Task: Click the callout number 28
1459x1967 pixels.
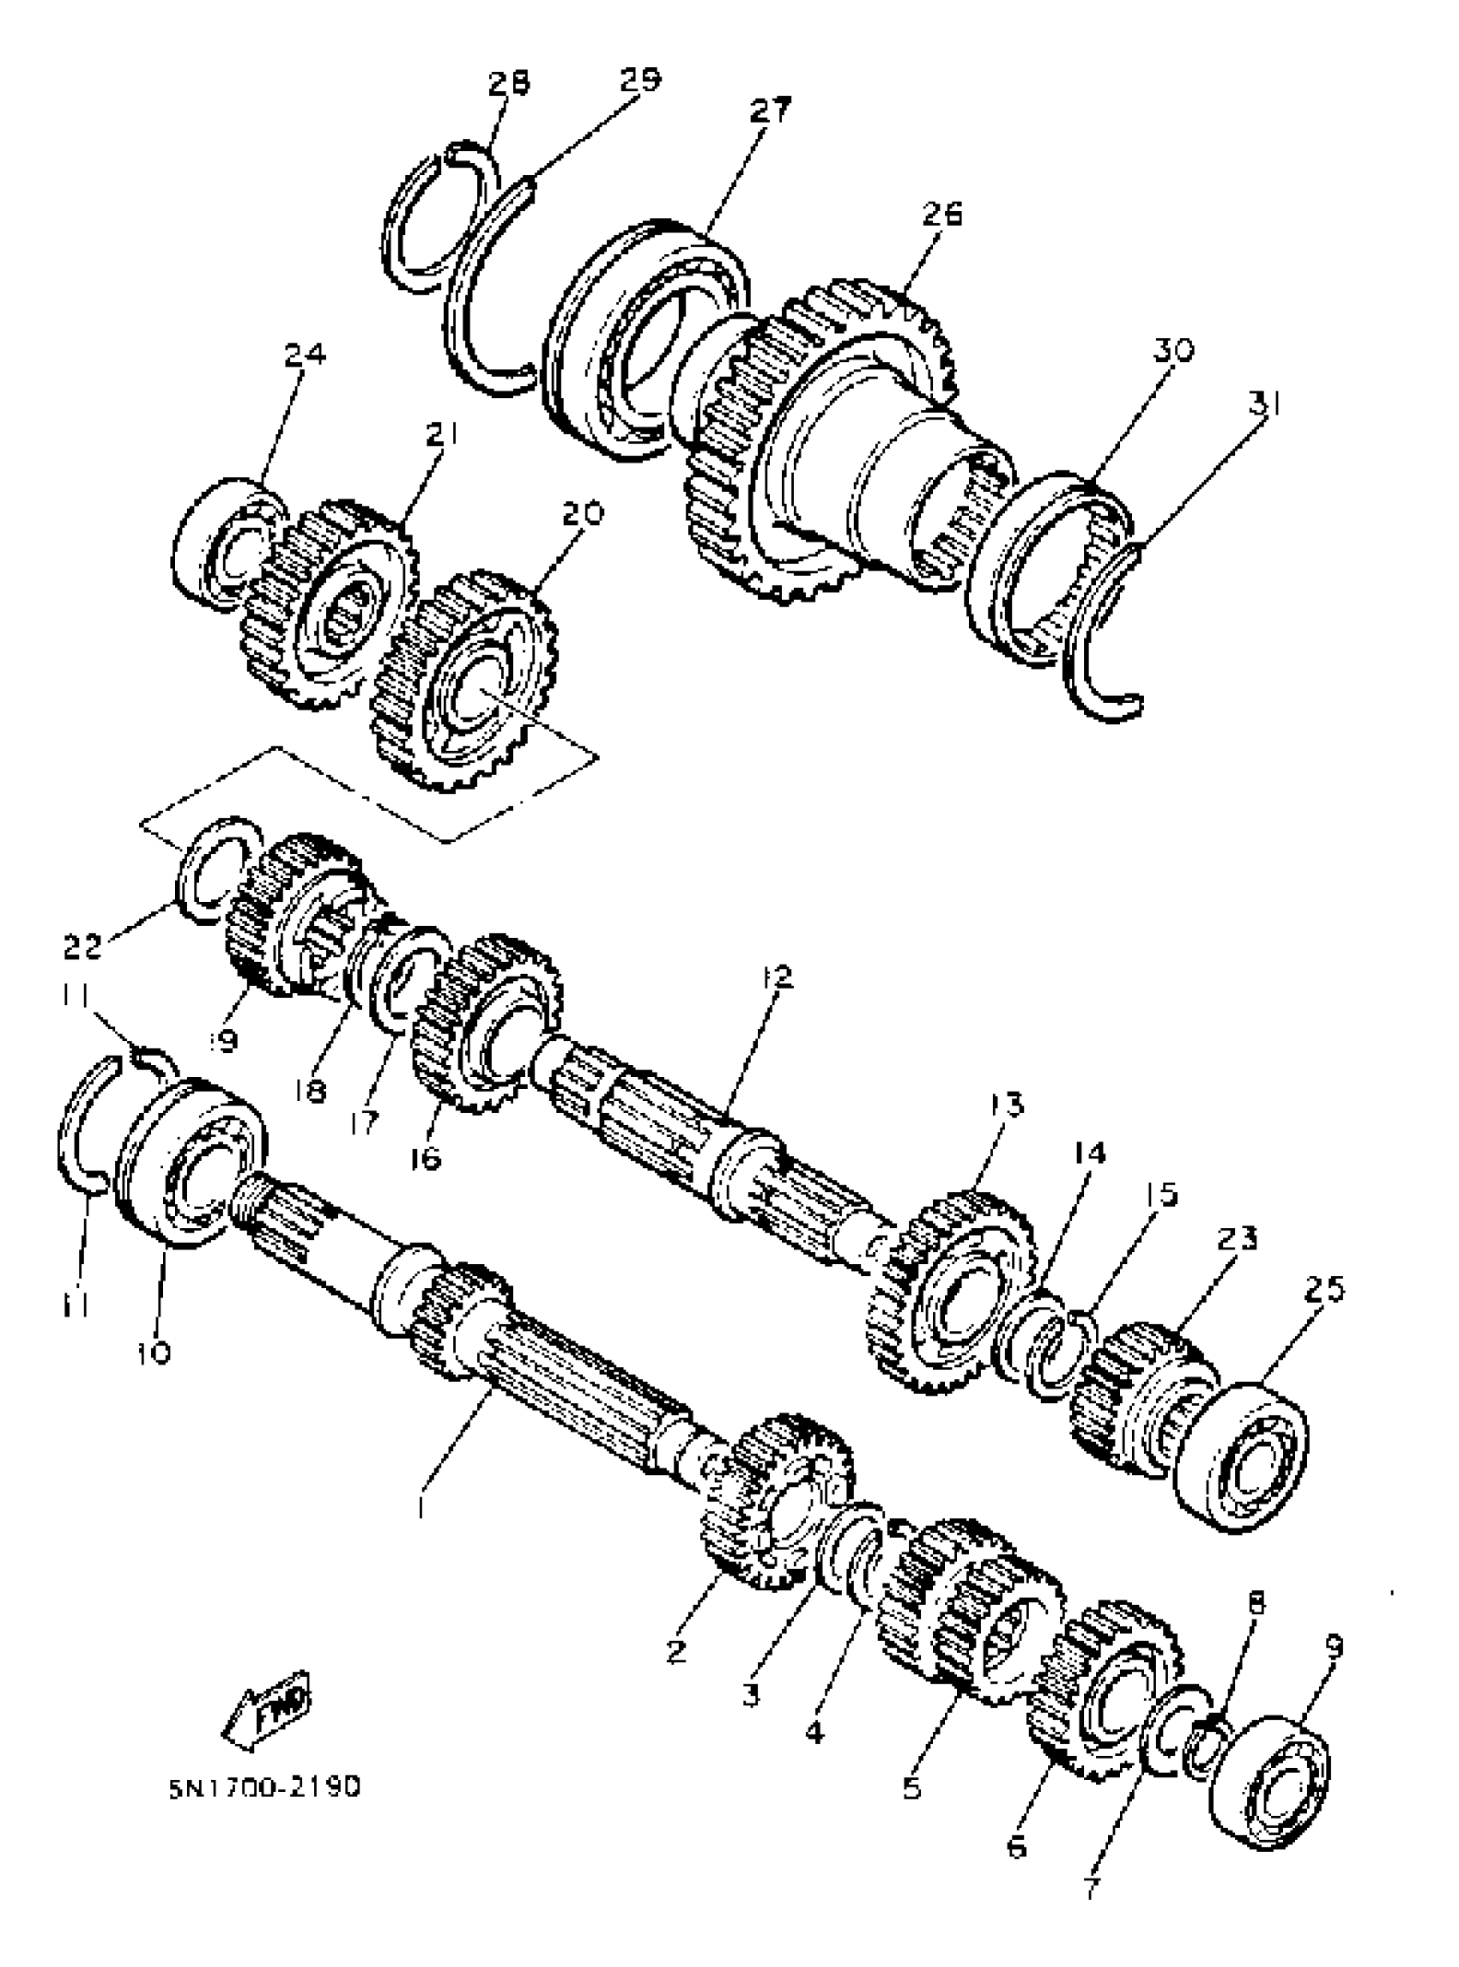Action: pyautogui.click(x=510, y=83)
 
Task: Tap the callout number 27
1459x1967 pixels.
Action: pyautogui.click(x=770, y=112)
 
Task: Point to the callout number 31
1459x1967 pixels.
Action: pyautogui.click(x=1262, y=404)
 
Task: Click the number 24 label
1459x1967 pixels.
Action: pyautogui.click(x=305, y=355)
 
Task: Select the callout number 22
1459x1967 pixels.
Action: pyautogui.click(x=83, y=947)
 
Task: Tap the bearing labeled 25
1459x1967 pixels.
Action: pyautogui.click(x=1242, y=1461)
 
